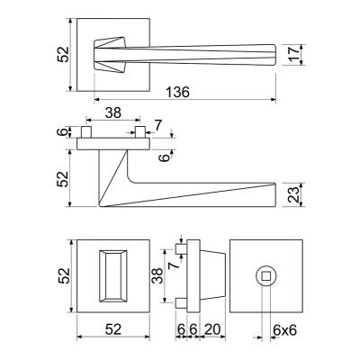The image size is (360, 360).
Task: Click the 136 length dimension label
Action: [x=178, y=92]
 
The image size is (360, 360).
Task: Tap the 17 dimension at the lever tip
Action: [x=295, y=54]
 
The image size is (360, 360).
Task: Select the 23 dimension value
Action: [x=295, y=194]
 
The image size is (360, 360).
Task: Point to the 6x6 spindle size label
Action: [x=284, y=330]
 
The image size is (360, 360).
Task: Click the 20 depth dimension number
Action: [x=212, y=329]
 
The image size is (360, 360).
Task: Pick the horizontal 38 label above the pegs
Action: [x=113, y=112]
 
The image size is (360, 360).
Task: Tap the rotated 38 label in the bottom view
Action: [x=157, y=275]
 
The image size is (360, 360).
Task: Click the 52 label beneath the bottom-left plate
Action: [x=113, y=329]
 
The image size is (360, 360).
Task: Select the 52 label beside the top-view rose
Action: [x=63, y=54]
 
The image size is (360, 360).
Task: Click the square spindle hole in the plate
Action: [x=265, y=275]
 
